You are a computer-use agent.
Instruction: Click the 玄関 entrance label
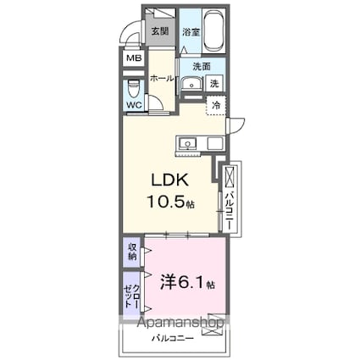pos(159,32)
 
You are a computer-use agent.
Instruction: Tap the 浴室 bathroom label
pos(191,32)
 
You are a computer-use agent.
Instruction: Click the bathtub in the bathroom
pos(213,31)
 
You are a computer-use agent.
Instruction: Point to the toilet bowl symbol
pos(134,87)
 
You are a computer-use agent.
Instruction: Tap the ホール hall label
pos(162,78)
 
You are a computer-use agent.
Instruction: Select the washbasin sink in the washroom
pos(191,83)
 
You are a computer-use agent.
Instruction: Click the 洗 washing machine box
pos(215,84)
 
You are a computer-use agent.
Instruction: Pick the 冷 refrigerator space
pos(217,106)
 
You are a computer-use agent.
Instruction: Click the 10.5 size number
pos(164,203)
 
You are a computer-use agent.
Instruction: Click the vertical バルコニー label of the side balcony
pos(231,211)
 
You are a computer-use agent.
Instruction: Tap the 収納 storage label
pos(133,252)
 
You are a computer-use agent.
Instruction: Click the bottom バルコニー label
pos(173,339)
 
